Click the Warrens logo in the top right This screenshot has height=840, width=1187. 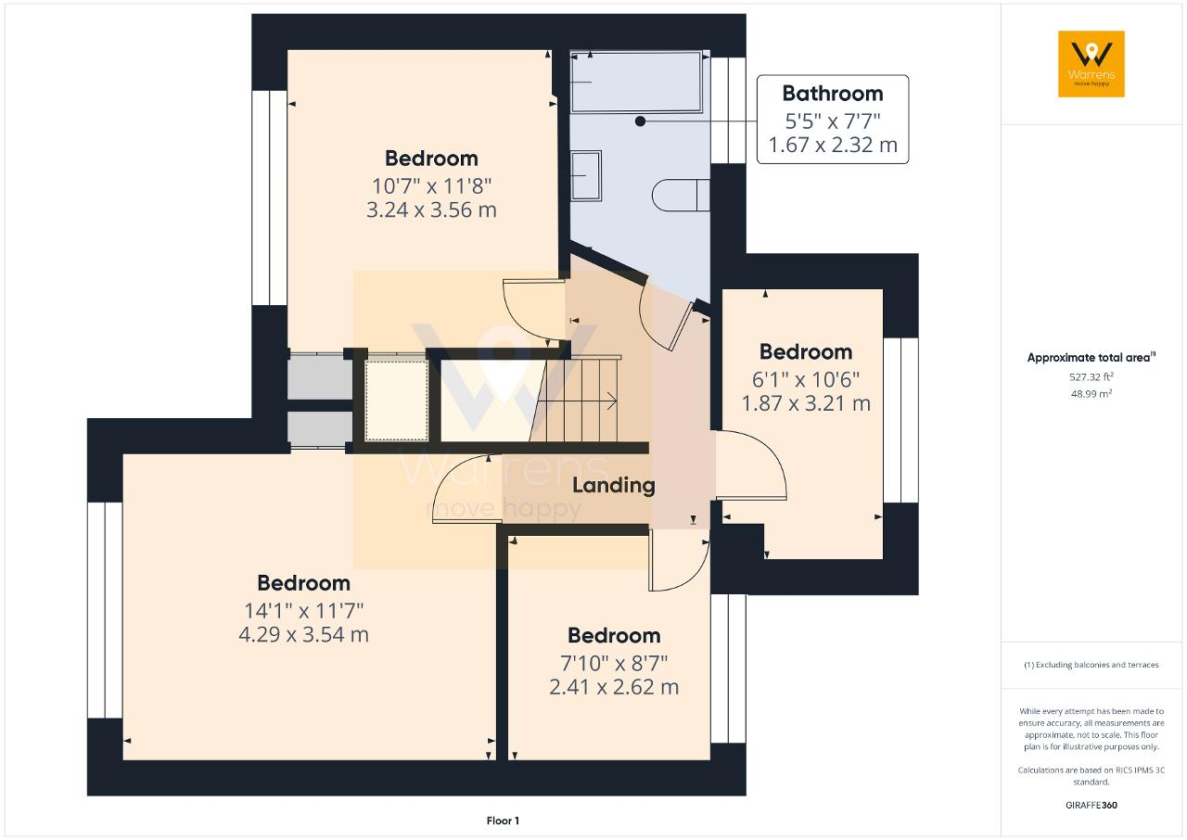coord(1091,64)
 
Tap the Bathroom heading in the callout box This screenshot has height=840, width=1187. coord(833,94)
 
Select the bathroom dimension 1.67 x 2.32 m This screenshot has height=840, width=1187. coord(833,145)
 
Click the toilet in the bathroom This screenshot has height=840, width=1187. coord(681,196)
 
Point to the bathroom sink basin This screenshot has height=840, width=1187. coord(586,175)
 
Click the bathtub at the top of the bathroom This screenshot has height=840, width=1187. coord(636,82)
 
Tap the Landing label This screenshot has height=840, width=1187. coord(614,485)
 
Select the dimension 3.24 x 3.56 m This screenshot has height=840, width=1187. coord(431,210)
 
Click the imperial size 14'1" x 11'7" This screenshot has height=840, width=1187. coord(303,611)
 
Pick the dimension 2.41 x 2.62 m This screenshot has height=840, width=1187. coord(614,687)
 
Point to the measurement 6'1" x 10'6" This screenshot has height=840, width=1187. coord(806,379)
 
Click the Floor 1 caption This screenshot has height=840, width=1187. coord(503,821)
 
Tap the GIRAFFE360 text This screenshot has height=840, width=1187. coord(1091,805)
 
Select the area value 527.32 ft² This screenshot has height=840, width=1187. coord(1091,376)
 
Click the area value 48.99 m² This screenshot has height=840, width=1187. coord(1091,393)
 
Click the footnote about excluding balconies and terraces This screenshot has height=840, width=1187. coord(1091,665)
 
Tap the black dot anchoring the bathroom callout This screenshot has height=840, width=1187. coord(640,121)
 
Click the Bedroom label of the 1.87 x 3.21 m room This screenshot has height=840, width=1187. coord(806,351)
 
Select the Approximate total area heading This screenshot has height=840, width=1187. coord(1091,358)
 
